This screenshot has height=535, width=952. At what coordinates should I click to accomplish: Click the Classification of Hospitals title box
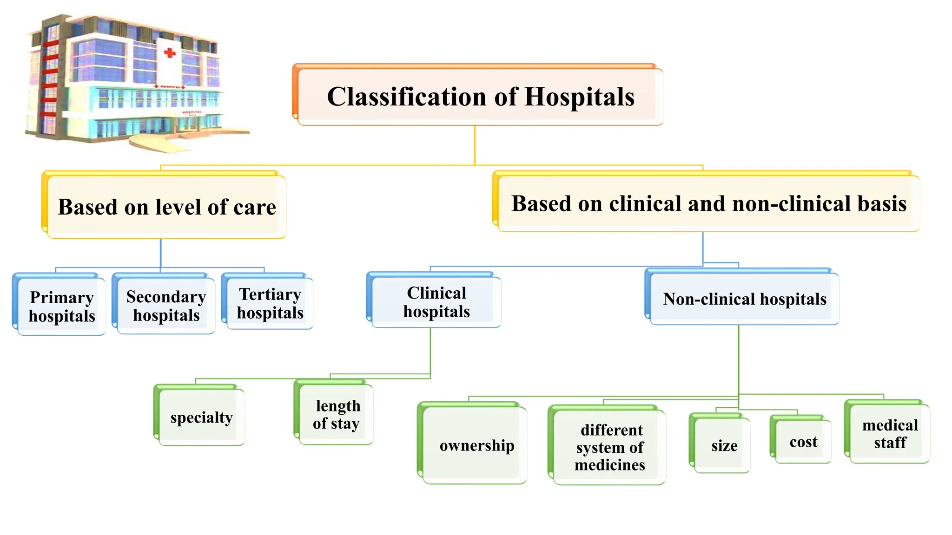[x=479, y=97]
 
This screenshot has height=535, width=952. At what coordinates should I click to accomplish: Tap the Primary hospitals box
[x=61, y=306]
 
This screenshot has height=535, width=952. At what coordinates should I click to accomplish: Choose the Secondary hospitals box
[x=165, y=306]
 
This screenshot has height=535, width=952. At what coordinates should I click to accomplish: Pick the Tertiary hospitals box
[x=270, y=303]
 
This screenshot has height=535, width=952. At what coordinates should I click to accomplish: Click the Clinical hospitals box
[x=436, y=302]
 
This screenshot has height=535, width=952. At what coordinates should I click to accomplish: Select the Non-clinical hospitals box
[x=744, y=299]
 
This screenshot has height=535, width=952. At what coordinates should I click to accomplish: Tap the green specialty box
[x=201, y=417]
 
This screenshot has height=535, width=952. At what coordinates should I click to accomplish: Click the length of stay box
[x=336, y=414]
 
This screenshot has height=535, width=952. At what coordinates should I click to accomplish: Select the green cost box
[x=802, y=441]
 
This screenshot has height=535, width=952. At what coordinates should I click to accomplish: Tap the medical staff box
[x=889, y=433]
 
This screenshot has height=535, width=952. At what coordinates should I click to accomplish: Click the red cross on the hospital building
[x=170, y=52]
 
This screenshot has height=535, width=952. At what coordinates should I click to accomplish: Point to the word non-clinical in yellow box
[x=786, y=204]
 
